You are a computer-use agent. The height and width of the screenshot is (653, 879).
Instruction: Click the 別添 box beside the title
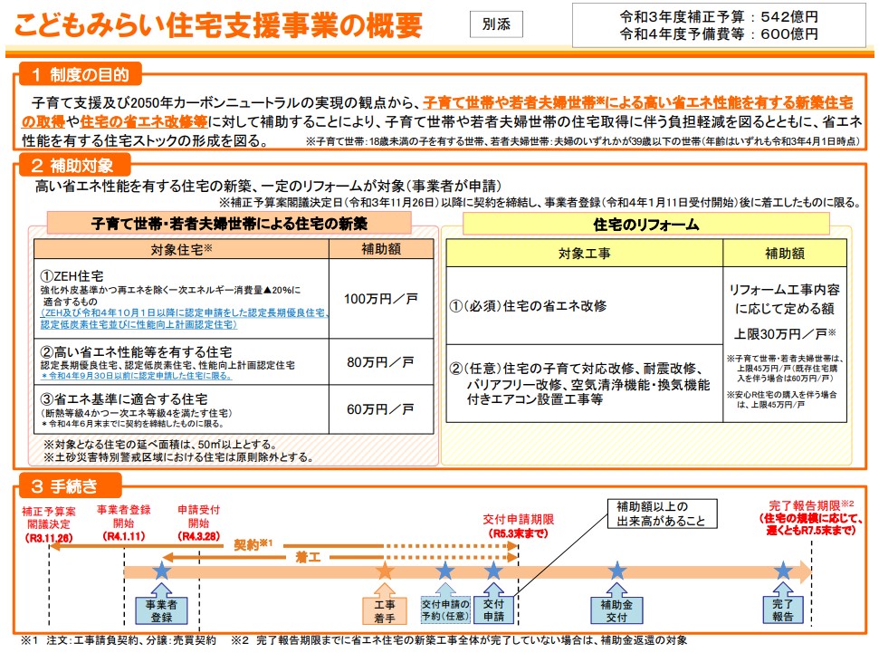coord(496,24)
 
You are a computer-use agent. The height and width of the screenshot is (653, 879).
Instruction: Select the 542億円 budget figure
coord(789,17)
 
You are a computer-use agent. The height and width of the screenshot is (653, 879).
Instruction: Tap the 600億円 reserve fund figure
coord(789,34)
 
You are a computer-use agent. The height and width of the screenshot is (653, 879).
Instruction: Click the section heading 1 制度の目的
coord(81,74)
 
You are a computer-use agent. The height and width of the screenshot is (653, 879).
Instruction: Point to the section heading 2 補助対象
coord(74,165)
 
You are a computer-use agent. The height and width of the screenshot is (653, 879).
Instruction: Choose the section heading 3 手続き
coord(70,485)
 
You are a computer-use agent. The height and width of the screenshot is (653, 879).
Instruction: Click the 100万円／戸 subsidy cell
coord(380,299)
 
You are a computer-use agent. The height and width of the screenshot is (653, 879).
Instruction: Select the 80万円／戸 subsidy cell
coord(380,362)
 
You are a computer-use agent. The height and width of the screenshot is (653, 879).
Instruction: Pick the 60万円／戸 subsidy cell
coord(380,409)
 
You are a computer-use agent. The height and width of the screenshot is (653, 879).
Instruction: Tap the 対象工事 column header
coord(584,254)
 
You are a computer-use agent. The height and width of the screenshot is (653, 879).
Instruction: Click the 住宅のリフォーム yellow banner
coord(645,225)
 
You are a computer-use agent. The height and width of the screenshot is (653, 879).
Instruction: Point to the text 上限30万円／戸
coord(785,334)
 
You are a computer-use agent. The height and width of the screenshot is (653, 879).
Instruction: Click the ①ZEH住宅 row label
coord(72,276)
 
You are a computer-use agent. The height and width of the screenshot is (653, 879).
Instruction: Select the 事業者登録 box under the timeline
coord(161,611)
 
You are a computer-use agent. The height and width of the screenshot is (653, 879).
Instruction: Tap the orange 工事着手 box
coord(385,611)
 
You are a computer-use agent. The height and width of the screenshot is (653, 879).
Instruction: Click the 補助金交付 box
coord(616,611)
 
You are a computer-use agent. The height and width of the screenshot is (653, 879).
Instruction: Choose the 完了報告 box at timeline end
coord(782,610)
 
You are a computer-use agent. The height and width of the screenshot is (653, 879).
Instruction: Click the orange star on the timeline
coord(385,571)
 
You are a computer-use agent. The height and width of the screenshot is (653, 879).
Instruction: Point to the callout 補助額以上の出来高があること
coord(662,514)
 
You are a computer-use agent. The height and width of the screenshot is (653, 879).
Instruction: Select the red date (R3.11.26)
coord(49,537)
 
